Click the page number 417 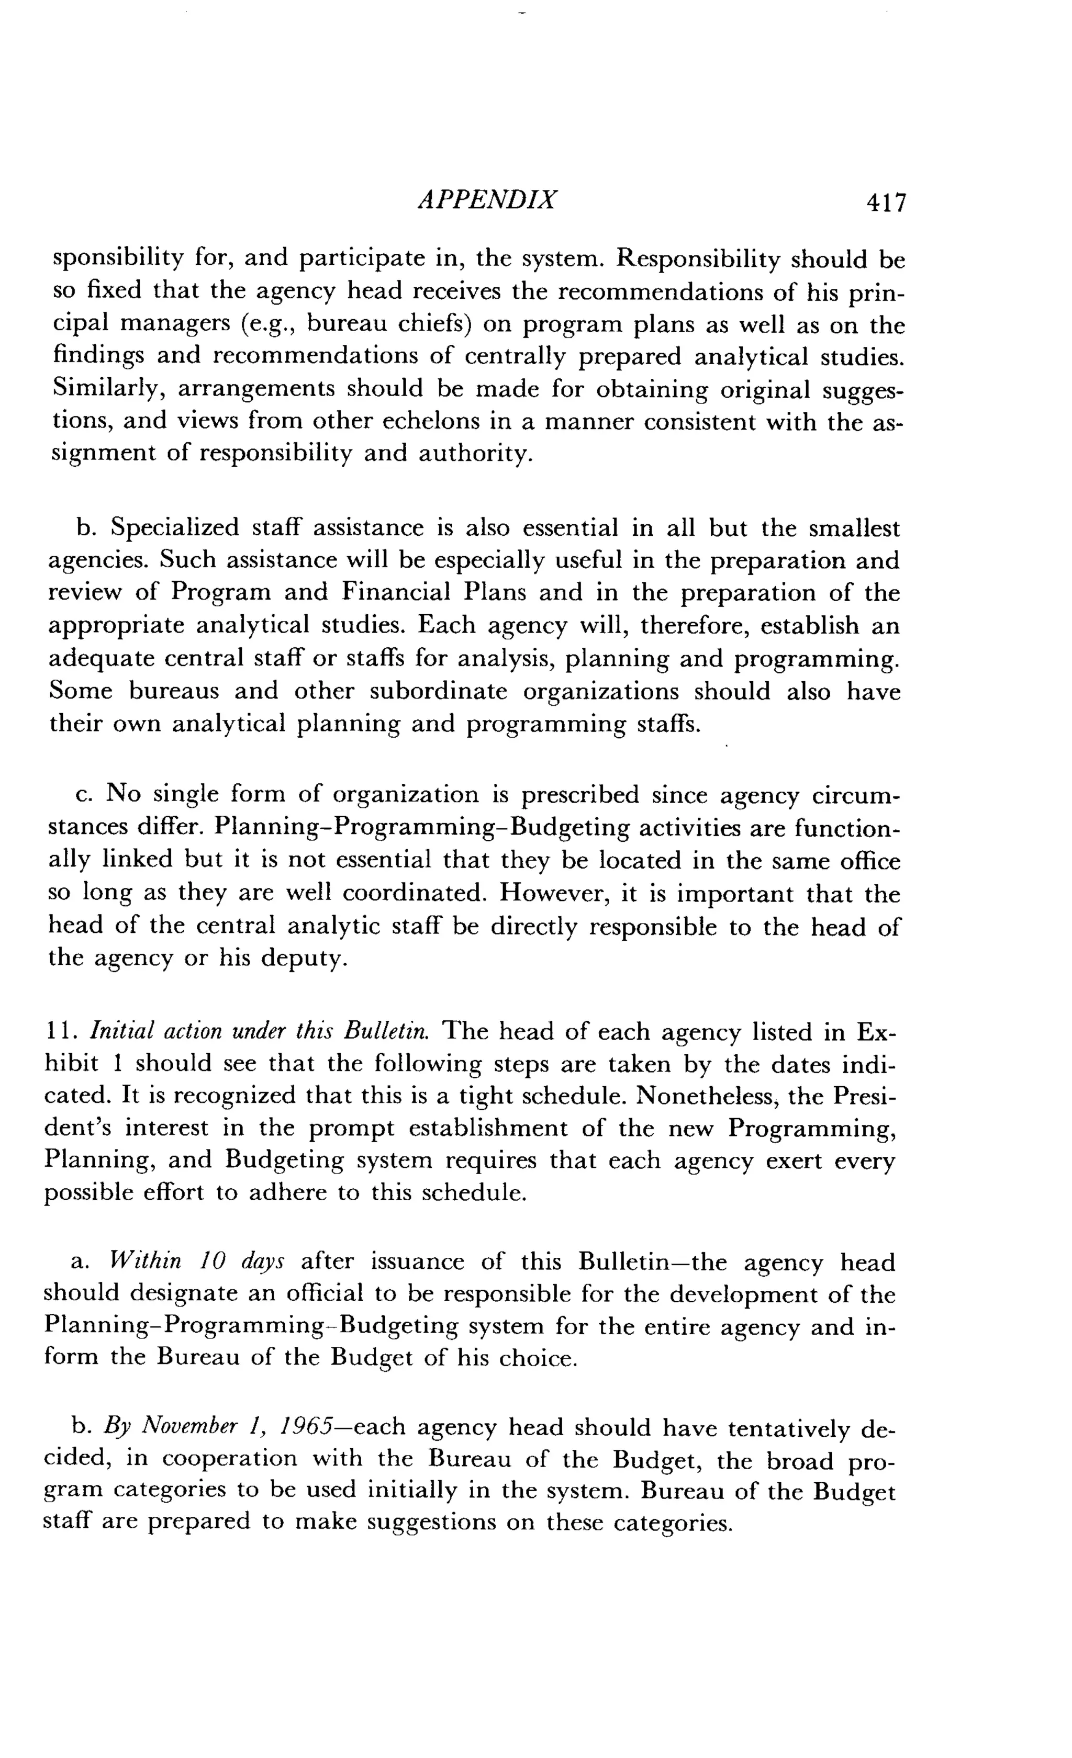885,204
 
